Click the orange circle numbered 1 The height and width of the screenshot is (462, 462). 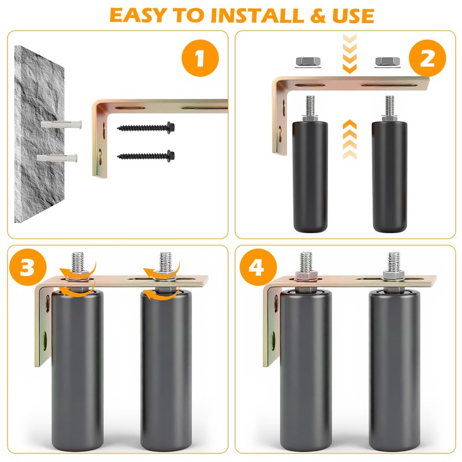click(200, 58)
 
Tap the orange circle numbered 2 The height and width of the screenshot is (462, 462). click(427, 58)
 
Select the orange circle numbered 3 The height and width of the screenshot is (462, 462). click(28, 267)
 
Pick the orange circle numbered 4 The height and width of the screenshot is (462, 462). click(258, 267)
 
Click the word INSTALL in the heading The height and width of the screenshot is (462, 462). click(257, 16)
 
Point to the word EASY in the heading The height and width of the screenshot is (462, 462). click(138, 16)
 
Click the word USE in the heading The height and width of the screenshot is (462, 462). click(353, 16)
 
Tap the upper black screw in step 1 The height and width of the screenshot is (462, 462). click(146, 128)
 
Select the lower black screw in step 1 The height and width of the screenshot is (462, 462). click(146, 156)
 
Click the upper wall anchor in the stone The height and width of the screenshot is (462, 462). click(61, 124)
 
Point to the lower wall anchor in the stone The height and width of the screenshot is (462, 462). click(57, 158)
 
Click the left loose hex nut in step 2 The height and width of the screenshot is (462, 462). click(308, 62)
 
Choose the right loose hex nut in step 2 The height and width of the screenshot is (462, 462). click(388, 62)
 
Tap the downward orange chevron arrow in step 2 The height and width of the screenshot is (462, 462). click(350, 54)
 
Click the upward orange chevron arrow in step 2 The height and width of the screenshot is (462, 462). click(350, 139)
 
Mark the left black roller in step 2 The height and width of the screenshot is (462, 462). click(310, 176)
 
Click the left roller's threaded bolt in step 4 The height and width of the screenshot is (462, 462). click(306, 262)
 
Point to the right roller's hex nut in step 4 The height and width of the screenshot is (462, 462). click(394, 275)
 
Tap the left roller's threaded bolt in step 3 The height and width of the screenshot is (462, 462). click(77, 262)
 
